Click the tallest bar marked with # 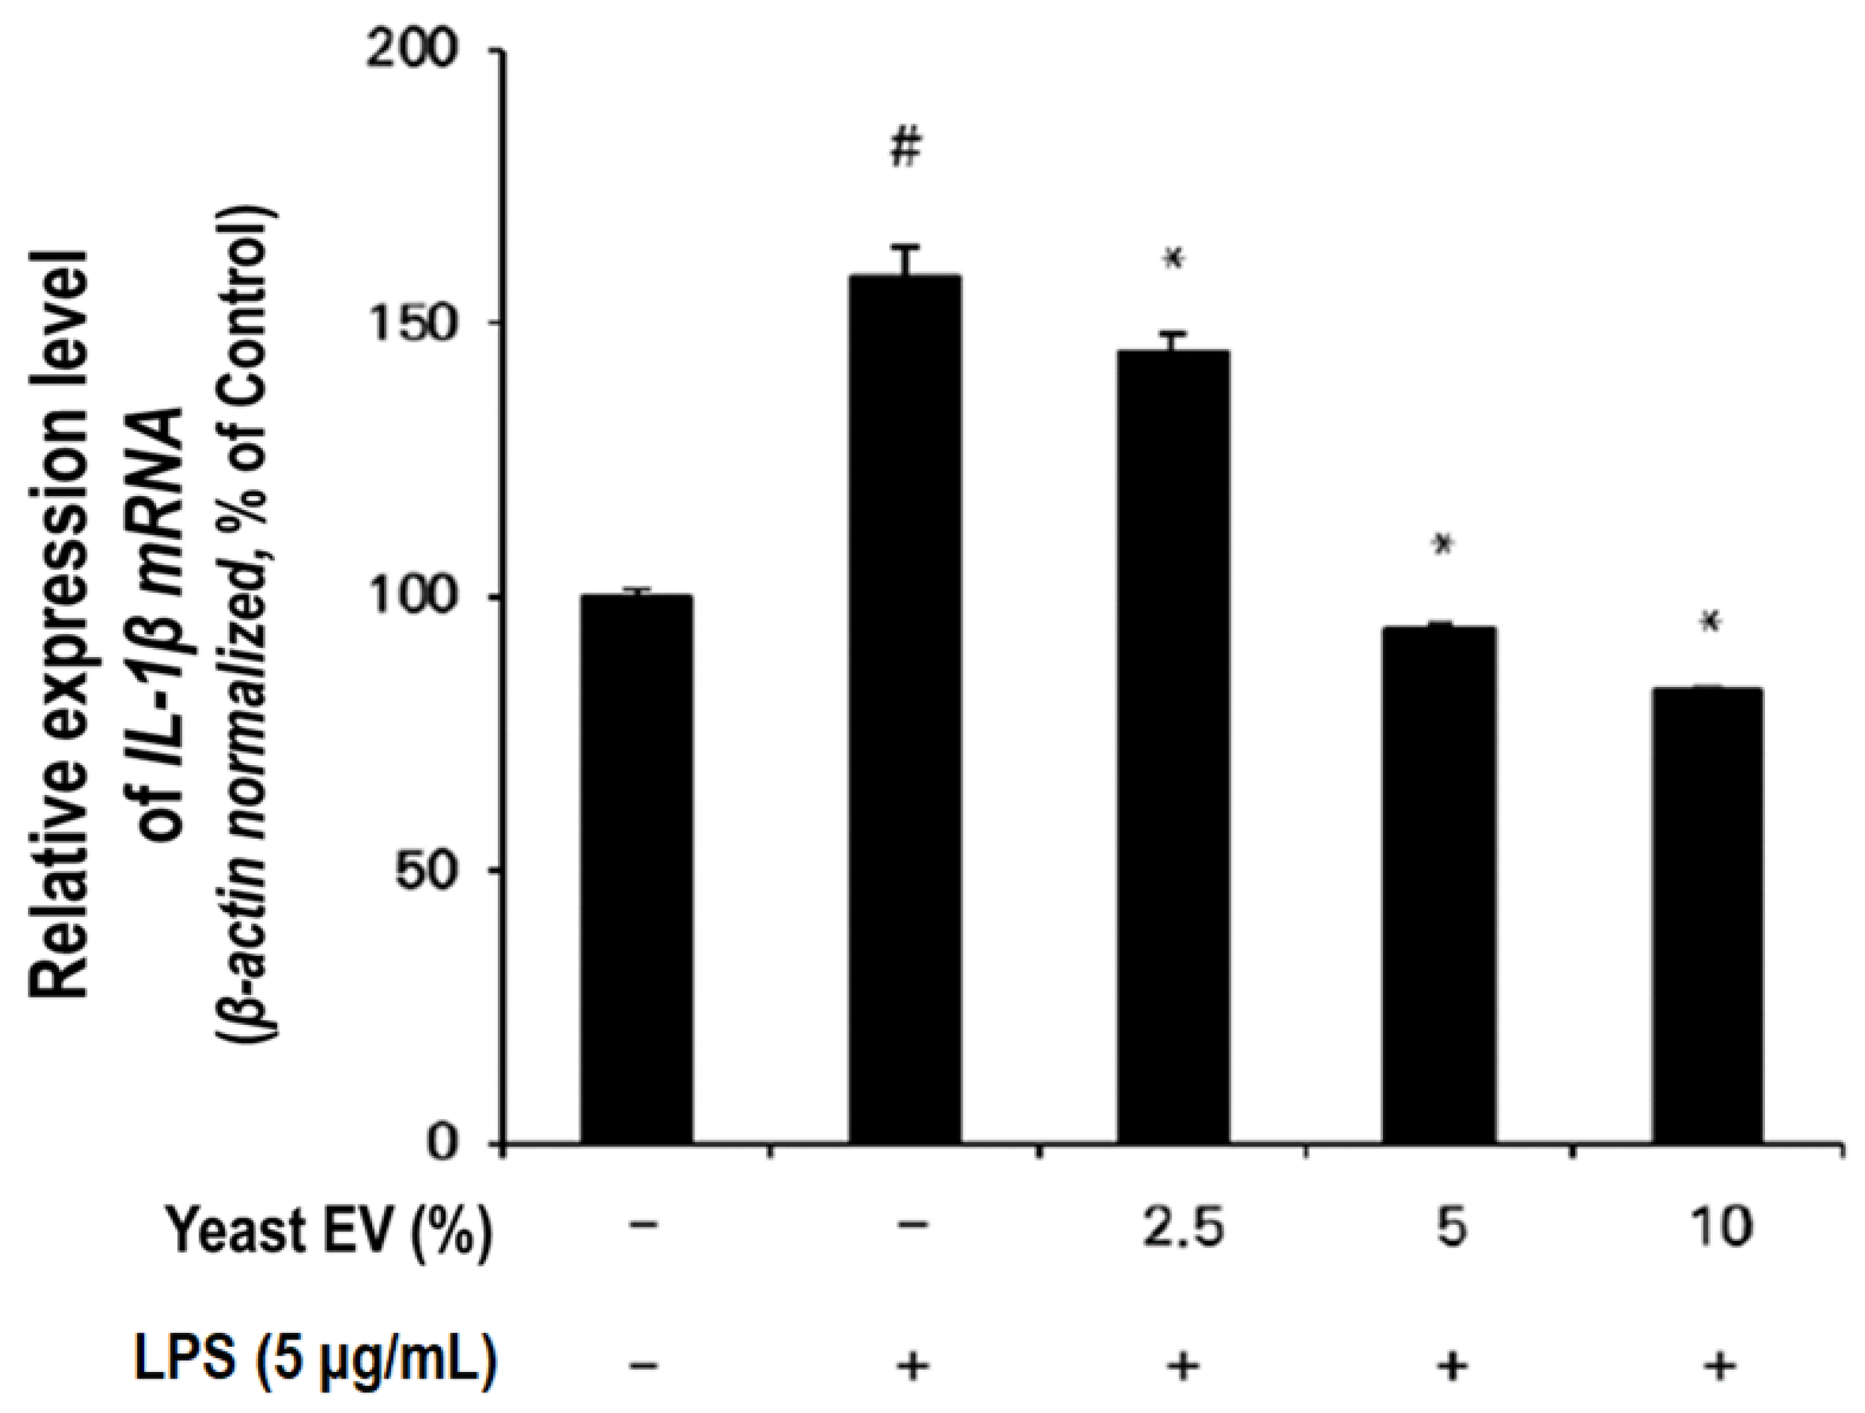click(904, 709)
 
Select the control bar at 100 click(636, 869)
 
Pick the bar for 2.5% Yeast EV click(1172, 747)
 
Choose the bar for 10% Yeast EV click(1707, 916)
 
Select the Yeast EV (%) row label click(329, 1231)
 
